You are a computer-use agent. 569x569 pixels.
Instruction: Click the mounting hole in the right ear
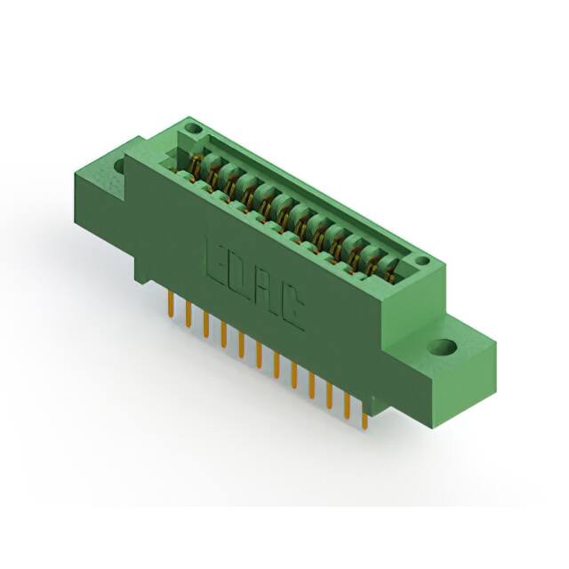tap(443, 347)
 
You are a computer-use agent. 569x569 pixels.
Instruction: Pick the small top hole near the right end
tap(421, 260)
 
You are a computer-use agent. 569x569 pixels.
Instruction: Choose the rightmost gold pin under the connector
tap(365, 417)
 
